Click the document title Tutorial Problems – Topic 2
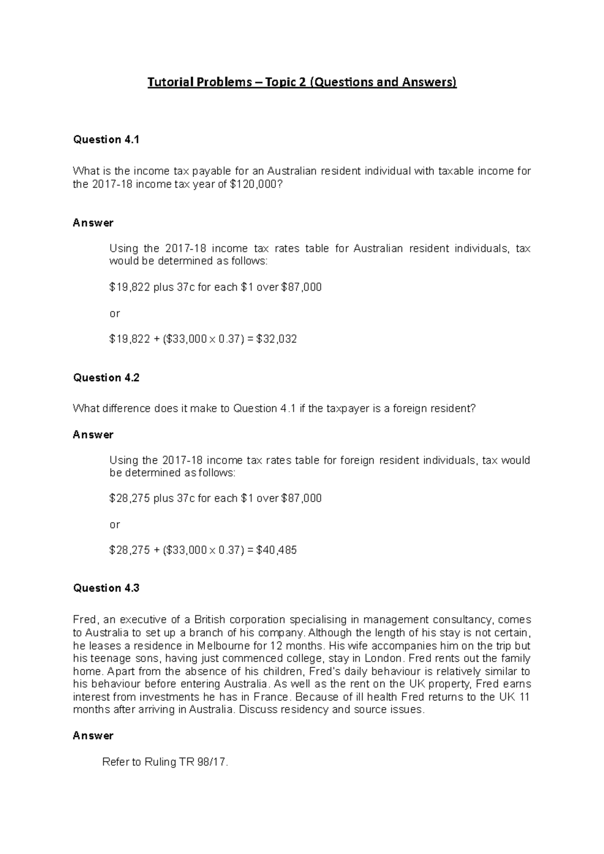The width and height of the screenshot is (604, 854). [301, 82]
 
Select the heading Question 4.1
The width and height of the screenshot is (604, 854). [106, 140]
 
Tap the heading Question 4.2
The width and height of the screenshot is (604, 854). [106, 378]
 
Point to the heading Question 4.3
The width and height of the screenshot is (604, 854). [106, 588]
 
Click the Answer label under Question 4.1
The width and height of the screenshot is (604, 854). [93, 223]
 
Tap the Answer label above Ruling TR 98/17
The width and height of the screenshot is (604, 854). [93, 735]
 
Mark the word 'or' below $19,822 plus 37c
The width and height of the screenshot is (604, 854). [114, 313]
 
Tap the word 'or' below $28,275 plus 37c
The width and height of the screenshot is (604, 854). [114, 525]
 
